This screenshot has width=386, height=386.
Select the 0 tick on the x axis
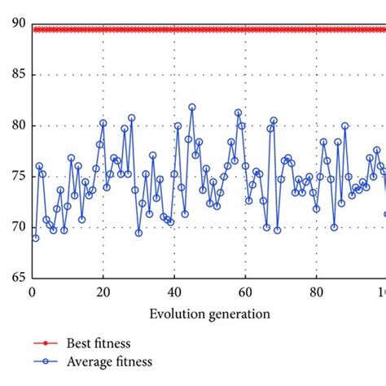32,292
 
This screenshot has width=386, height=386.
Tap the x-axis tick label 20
103,292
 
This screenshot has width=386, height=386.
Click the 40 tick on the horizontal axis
173,292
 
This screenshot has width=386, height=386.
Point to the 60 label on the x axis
244,292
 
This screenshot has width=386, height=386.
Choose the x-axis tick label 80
315,292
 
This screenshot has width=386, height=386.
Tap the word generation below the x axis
238,314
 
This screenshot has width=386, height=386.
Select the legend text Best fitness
100,344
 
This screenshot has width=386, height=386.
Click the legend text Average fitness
111,362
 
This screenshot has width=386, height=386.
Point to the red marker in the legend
48,344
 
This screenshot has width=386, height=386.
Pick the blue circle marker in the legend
48,362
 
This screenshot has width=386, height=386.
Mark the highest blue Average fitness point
192,107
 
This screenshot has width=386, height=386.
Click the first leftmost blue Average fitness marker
35,238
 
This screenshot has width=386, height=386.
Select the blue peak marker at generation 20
103,123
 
